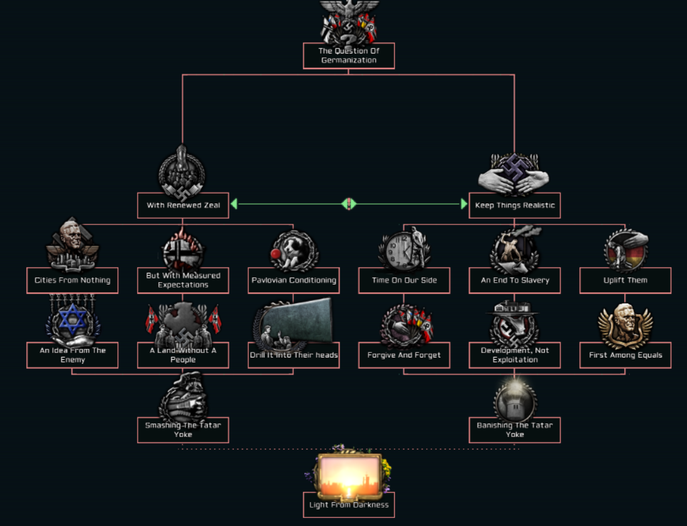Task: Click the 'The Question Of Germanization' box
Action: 348,55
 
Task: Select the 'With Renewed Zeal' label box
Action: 183,205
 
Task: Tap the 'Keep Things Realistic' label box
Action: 515,205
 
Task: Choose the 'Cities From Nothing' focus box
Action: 72,280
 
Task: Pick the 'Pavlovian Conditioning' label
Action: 294,280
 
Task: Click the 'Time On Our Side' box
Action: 404,280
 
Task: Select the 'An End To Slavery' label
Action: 515,280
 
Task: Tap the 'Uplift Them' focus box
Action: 625,280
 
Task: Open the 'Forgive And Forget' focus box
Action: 404,355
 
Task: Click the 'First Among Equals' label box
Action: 625,355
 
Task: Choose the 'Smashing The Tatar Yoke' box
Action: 183,430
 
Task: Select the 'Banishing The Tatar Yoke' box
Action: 515,430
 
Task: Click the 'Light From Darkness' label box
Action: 348,505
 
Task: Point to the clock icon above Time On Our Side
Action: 398,249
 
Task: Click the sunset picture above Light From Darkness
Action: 349,476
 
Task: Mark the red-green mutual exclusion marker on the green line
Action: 349,204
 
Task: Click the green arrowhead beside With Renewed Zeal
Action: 234,204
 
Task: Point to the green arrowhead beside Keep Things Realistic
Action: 464,204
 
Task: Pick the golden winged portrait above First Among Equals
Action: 624,324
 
